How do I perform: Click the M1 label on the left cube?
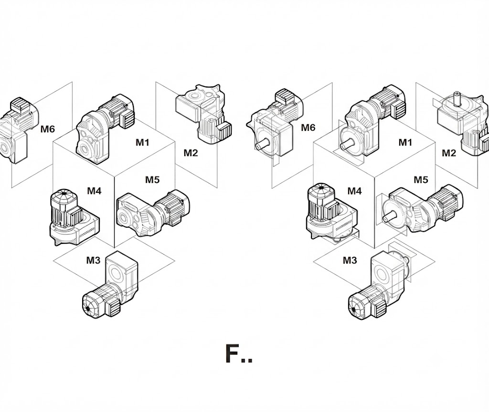pos(142,143)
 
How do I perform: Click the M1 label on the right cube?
pos(405,143)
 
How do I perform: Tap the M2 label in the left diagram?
pos(191,153)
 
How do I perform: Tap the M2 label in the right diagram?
pos(449,153)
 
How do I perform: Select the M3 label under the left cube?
pos(93,260)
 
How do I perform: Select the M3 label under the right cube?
pos(350,260)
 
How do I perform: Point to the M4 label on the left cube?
pos(94,190)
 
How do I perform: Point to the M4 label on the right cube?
pos(355,190)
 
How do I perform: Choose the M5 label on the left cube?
pos(152,180)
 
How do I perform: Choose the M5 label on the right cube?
pos(421,180)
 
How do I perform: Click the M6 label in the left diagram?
pos(47,129)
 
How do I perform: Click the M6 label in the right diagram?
pos(308,127)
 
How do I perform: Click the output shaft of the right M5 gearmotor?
pos(390,215)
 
